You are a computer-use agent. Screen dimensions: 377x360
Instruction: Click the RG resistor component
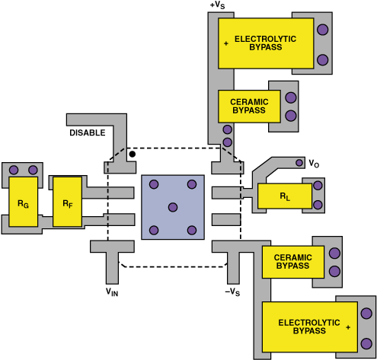tap(24, 202)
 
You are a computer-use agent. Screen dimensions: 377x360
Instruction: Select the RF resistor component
tap(67, 202)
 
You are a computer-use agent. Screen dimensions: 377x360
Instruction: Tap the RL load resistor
tap(285, 196)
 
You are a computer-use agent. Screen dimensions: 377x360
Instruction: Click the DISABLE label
tap(88, 132)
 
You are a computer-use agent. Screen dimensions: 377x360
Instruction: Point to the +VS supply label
tap(217, 5)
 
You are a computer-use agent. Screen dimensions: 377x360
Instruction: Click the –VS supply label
tap(232, 292)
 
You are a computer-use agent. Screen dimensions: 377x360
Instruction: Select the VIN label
tap(112, 292)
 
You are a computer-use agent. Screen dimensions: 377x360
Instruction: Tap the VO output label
tap(314, 164)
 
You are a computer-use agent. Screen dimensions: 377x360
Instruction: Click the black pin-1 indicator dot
tap(133, 154)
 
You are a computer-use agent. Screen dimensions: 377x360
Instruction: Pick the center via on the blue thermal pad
tap(173, 207)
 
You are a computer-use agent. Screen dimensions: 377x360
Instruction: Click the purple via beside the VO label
tap(299, 163)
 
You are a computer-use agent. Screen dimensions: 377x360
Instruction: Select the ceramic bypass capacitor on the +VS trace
tap(249, 107)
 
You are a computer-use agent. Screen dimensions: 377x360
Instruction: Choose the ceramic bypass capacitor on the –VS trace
tap(293, 262)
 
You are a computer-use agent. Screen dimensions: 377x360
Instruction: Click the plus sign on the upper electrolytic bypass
tap(226, 43)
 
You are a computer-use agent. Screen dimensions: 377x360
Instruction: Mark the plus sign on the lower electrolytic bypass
tap(348, 327)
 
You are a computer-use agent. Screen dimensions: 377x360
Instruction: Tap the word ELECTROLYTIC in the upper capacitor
tap(265, 39)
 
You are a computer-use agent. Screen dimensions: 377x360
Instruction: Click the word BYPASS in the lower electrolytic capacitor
tap(309, 331)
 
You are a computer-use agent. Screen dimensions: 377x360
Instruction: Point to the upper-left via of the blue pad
tap(154, 184)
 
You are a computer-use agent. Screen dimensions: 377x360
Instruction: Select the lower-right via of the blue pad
tap(192, 231)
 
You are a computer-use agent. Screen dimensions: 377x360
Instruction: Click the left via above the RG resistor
tap(14, 170)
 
